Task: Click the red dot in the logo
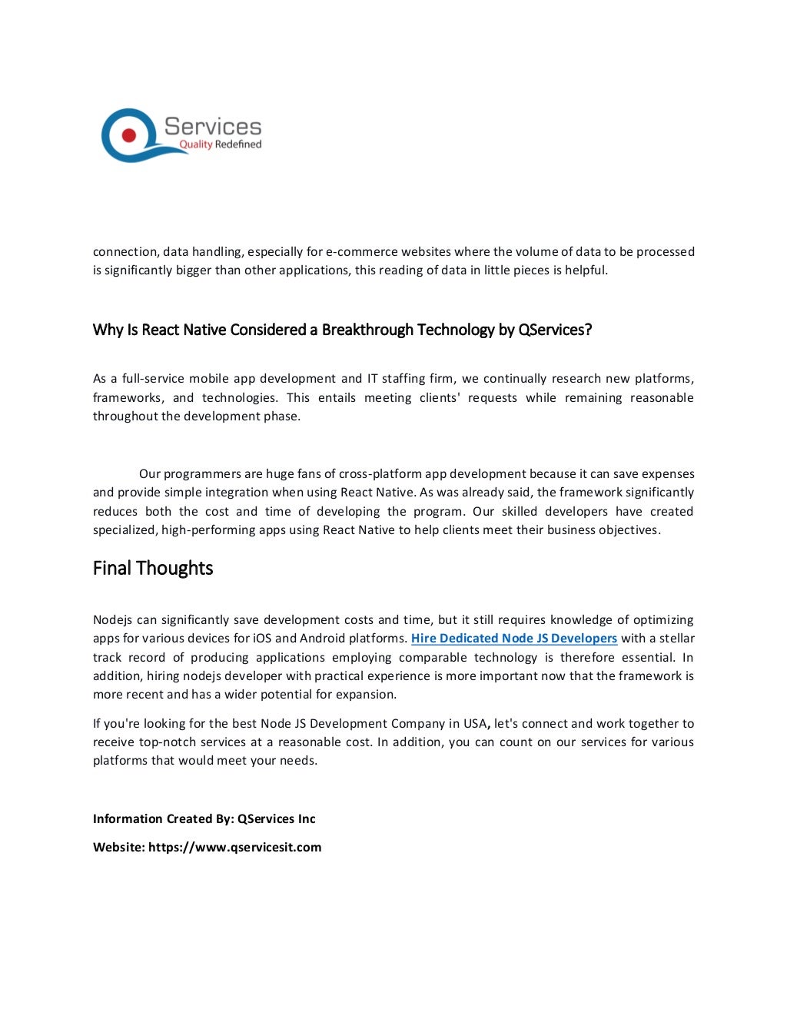[128, 136]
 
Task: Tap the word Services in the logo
[213, 127]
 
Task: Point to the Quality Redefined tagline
[220, 144]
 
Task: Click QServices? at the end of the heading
[555, 330]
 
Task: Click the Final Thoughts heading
[153, 569]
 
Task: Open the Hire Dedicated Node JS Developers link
[514, 639]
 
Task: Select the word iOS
[262, 639]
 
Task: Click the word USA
[474, 724]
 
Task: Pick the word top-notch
[167, 742]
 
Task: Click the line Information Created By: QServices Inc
[204, 819]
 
